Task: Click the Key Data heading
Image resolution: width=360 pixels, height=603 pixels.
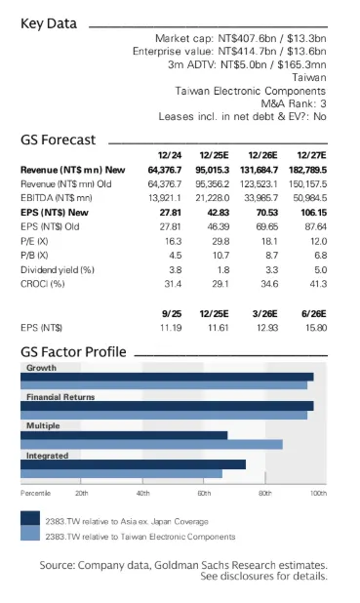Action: (49, 23)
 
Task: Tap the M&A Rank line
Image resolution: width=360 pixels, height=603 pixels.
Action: (294, 103)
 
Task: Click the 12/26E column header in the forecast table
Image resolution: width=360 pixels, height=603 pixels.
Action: (262, 155)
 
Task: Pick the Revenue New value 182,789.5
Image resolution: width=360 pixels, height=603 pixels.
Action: (307, 170)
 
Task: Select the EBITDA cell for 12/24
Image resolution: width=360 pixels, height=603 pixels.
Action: (165, 198)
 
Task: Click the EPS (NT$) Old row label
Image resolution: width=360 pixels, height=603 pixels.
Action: (50, 227)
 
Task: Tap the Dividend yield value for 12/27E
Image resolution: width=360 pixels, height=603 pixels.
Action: (320, 270)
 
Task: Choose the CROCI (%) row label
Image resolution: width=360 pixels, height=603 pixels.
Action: (43, 284)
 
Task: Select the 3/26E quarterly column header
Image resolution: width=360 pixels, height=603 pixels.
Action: (264, 314)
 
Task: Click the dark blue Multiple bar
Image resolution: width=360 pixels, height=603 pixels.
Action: (124, 435)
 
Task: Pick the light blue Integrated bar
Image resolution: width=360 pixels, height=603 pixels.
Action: (122, 473)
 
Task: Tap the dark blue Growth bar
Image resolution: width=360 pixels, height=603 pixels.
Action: (167, 377)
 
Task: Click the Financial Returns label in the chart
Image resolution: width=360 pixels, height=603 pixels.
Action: (60, 397)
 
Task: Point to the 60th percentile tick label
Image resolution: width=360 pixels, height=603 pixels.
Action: (204, 494)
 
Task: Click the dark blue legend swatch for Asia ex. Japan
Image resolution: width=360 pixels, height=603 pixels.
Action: (30, 518)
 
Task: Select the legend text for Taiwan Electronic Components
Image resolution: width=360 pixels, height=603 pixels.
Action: (140, 537)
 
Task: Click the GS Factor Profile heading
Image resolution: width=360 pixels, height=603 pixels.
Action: (73, 352)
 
